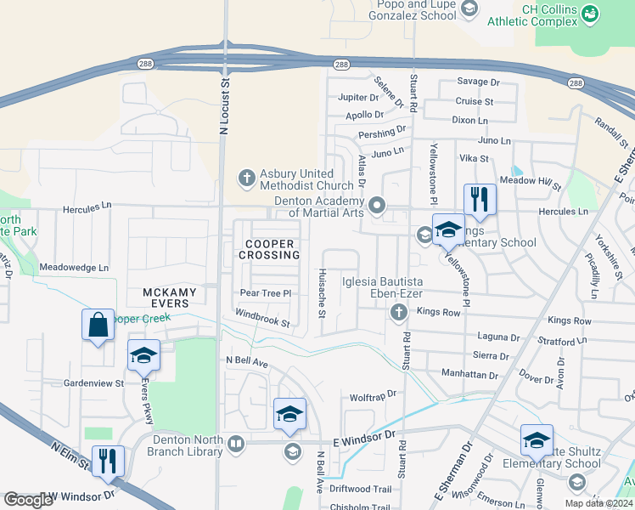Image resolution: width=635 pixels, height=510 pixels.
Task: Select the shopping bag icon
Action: pos(98,325)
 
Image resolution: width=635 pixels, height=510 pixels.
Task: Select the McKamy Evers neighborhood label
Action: pos(170,298)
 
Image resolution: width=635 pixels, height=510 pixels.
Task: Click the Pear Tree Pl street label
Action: pos(266,293)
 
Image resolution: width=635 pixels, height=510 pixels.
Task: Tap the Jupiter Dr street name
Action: pos(357,98)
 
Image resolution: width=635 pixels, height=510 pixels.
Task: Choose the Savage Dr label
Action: pos(479,82)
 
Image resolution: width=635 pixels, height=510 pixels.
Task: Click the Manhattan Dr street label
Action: pos(469,374)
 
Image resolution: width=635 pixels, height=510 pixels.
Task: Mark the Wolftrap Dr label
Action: pos(374,397)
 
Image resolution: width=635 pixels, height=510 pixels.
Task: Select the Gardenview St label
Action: pos(94,383)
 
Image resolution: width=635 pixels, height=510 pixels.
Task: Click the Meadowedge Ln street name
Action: pos(75,267)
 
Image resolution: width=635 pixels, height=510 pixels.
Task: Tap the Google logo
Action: pos(28,500)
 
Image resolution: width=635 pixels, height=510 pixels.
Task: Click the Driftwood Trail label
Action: pos(360,489)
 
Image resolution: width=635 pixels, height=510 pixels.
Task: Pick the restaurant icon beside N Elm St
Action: pos(108,462)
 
